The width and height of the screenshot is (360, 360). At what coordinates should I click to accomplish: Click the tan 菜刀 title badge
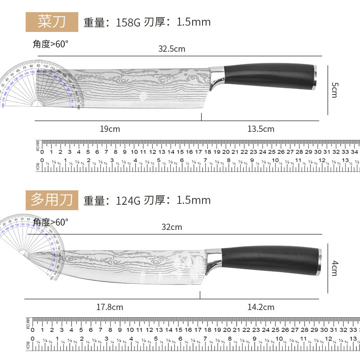point(52,22)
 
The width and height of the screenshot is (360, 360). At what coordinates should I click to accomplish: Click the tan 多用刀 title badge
point(52,199)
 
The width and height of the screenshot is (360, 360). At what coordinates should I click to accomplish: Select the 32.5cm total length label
point(171,49)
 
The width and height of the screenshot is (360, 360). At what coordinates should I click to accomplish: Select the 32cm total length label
point(172,227)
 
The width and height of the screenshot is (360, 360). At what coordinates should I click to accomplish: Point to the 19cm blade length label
point(110,129)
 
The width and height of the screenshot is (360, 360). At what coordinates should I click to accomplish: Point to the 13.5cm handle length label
point(261,129)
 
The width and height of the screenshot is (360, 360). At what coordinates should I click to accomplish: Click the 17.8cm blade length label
point(110,307)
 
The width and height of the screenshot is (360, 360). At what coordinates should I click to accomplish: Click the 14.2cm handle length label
point(261,307)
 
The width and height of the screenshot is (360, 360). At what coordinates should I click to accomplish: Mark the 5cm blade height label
point(334,90)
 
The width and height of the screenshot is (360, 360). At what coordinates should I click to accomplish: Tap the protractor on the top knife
point(40,85)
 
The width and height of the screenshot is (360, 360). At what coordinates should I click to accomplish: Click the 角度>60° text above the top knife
point(50,44)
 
